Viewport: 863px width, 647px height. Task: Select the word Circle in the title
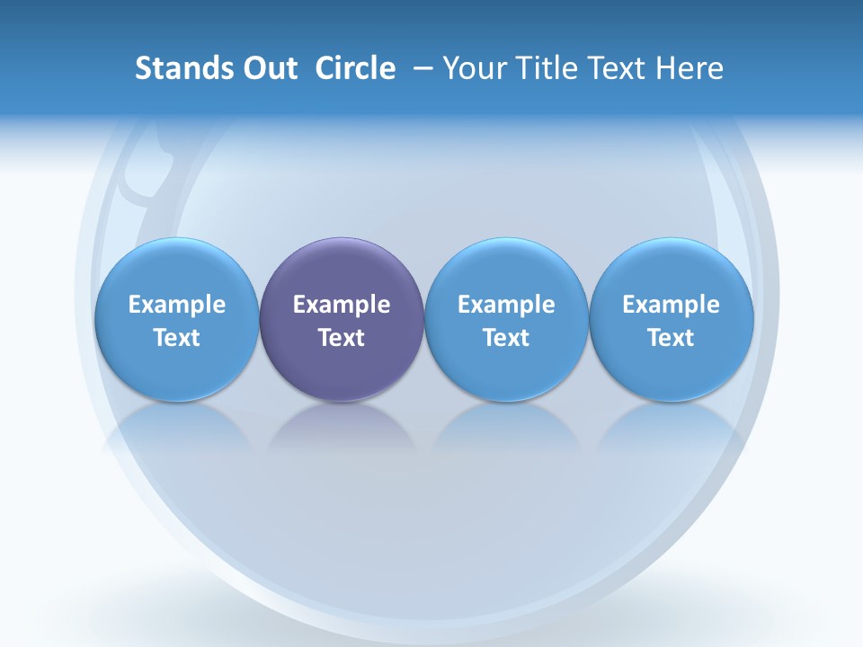[x=355, y=68]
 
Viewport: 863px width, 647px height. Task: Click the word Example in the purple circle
[x=342, y=305]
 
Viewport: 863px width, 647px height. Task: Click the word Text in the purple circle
[x=342, y=338]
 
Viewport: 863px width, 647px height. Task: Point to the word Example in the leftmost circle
[x=176, y=305]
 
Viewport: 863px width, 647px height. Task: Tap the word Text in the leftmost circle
[x=176, y=338]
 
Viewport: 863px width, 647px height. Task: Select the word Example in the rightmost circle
[x=671, y=305]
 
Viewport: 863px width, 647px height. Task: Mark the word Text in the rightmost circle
[x=671, y=338]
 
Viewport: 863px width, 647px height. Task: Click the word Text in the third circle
[x=506, y=338]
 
